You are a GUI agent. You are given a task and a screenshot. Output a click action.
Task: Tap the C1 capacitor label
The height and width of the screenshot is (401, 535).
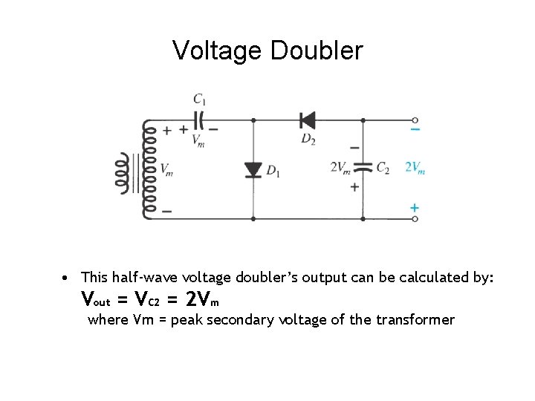(x=200, y=98)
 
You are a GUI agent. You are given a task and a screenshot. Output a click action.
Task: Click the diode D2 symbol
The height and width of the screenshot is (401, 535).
(x=307, y=119)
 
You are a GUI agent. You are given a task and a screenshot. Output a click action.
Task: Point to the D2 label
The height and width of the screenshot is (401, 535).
(x=308, y=139)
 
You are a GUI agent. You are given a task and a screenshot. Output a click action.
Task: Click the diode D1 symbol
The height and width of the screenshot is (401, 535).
(x=253, y=169)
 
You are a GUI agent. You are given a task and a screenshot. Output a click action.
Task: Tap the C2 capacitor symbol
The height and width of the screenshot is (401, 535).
(x=362, y=168)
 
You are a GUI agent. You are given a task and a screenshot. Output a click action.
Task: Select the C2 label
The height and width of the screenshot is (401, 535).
(x=383, y=169)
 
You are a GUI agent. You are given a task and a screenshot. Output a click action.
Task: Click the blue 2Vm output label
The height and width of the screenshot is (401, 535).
(x=415, y=168)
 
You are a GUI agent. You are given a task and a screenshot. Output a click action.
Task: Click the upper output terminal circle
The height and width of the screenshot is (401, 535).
(x=415, y=119)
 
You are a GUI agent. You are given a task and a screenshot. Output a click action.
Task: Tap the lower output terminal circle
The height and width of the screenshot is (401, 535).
(x=415, y=219)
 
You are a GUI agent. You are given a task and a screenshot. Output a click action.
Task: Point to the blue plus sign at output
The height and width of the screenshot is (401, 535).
(x=414, y=207)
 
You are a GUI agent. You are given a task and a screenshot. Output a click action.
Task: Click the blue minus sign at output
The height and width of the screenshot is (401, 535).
(x=415, y=130)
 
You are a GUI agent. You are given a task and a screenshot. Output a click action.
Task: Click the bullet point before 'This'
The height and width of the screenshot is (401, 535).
(x=67, y=278)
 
